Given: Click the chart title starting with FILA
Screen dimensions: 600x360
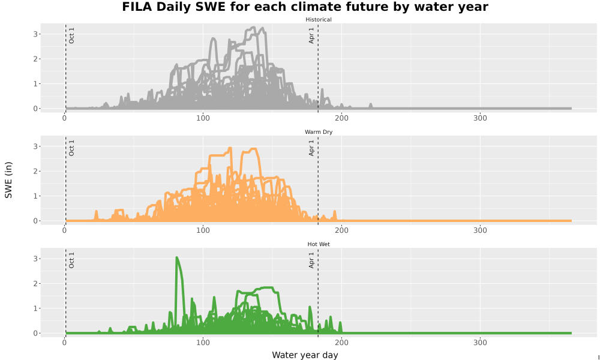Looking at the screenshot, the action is tap(305, 7).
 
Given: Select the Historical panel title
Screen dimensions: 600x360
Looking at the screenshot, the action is tap(319, 20).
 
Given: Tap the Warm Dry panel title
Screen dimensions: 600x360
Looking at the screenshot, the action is tap(319, 132).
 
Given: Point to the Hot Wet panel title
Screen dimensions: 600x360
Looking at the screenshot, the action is tap(319, 244).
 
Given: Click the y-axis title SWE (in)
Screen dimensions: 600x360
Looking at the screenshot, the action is tap(8, 180).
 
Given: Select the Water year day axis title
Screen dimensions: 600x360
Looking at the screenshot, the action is tap(305, 355).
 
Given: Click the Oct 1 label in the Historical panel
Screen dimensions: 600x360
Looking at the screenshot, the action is tap(71, 35).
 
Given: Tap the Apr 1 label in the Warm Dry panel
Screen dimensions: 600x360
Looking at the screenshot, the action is tap(311, 148).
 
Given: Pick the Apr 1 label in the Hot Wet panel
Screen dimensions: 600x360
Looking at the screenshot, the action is tap(311, 260).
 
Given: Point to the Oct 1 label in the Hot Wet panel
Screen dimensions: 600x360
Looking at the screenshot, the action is tap(71, 260).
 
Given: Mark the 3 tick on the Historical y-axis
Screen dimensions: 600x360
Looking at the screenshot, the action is tap(35, 34).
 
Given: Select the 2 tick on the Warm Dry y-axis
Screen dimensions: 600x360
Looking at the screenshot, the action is tap(35, 171).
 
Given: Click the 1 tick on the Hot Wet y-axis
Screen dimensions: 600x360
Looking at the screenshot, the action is tap(35, 308).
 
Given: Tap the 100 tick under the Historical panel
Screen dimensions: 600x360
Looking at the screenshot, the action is tap(203, 118).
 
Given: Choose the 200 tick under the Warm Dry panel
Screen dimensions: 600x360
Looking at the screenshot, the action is tap(341, 230).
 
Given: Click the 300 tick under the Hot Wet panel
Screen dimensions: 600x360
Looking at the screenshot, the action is tap(480, 343).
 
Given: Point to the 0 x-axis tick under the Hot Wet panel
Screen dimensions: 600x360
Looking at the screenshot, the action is tap(64, 343).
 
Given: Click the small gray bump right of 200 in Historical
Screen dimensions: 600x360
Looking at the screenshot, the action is tap(370, 106).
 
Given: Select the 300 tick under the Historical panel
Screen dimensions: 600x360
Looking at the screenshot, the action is tap(480, 118).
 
